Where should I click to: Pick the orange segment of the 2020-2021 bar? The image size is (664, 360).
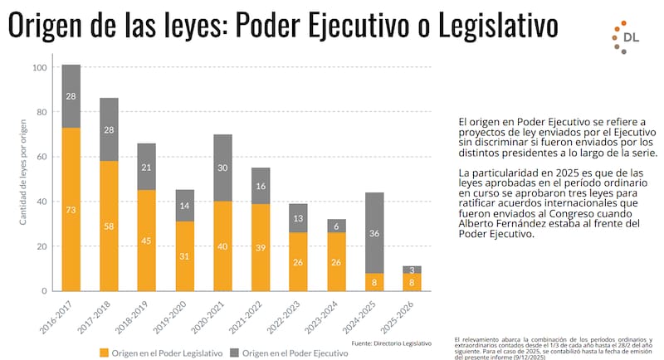point(222,246)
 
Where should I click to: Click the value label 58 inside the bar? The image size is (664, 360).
point(109,226)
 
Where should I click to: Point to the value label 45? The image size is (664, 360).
point(147,241)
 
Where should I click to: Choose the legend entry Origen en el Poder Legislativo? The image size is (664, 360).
point(161,353)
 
